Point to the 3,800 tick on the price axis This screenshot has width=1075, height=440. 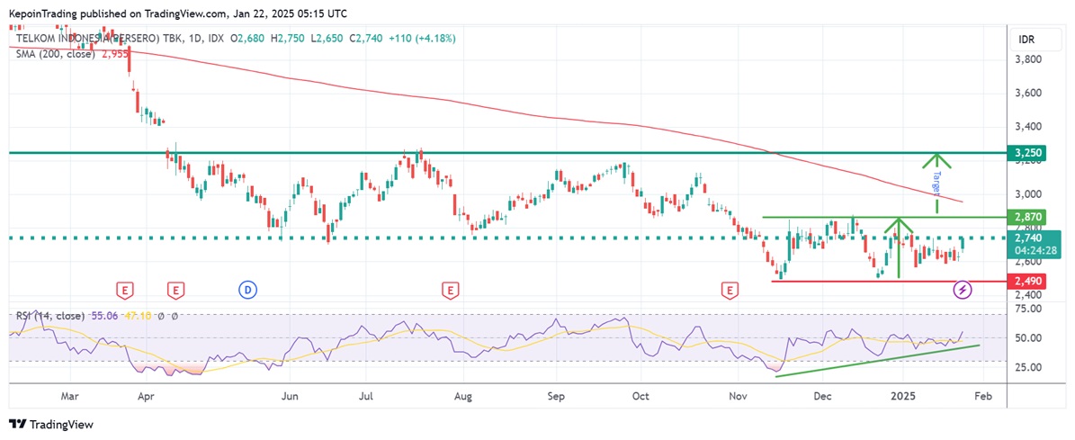pyautogui.click(x=1028, y=59)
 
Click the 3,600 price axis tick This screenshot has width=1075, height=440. pyautogui.click(x=1028, y=93)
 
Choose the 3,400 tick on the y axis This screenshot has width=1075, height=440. pyautogui.click(x=1028, y=127)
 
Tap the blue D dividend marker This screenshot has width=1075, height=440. pyautogui.click(x=247, y=289)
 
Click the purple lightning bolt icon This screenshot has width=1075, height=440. pyautogui.click(x=963, y=289)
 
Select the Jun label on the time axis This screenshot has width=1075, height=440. pyautogui.click(x=289, y=395)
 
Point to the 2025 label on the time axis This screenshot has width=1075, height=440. pyautogui.click(x=901, y=395)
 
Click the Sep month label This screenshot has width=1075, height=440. pyautogui.click(x=555, y=395)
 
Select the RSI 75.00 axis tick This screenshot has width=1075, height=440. pyautogui.click(x=1028, y=309)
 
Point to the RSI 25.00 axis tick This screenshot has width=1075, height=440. pyautogui.click(x=1028, y=367)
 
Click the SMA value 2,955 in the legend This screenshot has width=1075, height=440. pyautogui.click(x=115, y=54)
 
